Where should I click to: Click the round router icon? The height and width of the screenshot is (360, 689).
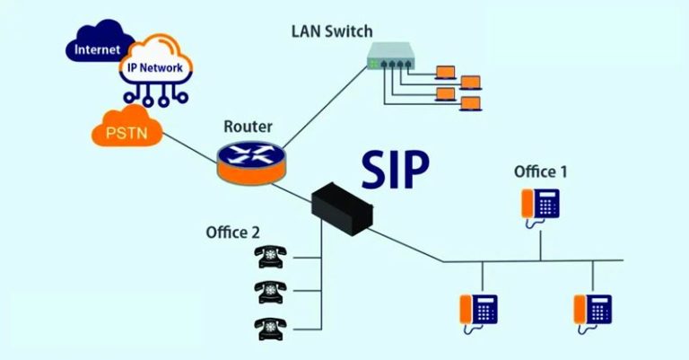(250, 157)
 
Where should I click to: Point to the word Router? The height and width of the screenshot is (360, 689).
(249, 127)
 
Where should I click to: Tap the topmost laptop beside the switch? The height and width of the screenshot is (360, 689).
(446, 70)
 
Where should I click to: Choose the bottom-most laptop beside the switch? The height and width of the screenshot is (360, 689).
(469, 103)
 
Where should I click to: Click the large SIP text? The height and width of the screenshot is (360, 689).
(396, 168)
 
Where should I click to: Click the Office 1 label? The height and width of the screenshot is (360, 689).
(540, 171)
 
